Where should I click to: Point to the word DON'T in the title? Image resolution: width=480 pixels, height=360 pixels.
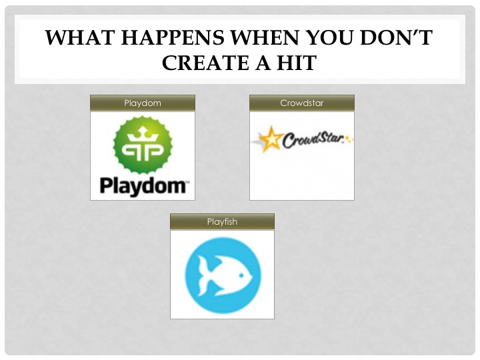point(401,39)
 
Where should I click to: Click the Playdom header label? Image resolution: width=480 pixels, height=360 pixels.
point(143,103)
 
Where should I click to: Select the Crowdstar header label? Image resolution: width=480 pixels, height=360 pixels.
point(302,103)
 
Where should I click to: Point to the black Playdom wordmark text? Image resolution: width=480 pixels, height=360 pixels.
point(143,185)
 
